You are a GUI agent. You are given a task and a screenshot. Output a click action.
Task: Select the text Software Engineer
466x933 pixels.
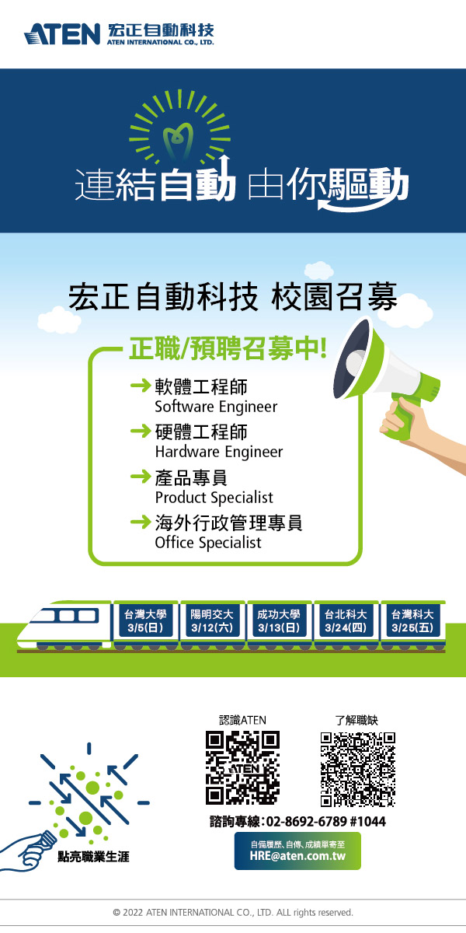tap(216, 407)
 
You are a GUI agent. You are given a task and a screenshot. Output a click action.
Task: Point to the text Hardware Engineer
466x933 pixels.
tap(219, 452)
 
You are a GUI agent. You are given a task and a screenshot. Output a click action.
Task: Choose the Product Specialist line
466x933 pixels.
tap(214, 498)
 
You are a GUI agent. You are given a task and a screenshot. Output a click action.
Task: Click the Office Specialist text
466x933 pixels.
tap(208, 543)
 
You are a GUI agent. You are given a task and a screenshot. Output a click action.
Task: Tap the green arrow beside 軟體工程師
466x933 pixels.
tap(141, 386)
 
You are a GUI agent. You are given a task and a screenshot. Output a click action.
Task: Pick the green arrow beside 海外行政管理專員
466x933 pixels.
tap(141, 522)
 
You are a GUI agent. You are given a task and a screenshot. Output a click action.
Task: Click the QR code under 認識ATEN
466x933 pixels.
tap(242, 767)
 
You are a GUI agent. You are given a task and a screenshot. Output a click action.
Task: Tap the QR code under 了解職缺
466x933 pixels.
tap(357, 769)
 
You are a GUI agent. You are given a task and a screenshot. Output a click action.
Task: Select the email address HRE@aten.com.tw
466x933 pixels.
tap(297, 856)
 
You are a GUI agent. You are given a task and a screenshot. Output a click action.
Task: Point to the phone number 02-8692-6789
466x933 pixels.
tap(306, 821)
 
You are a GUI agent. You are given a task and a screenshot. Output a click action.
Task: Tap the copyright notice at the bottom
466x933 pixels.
tap(233, 912)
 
